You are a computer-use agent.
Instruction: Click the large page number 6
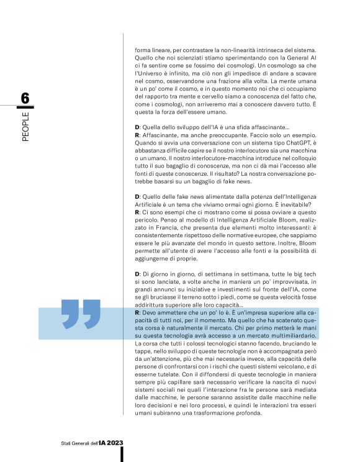(x=25, y=98)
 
